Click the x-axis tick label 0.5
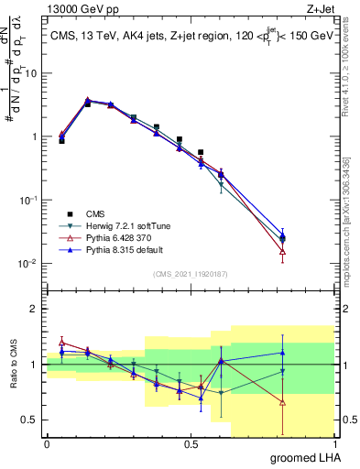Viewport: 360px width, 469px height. click(191, 444)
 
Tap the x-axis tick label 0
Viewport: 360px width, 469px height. click(47, 444)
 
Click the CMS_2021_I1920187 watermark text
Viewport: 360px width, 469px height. click(191, 273)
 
